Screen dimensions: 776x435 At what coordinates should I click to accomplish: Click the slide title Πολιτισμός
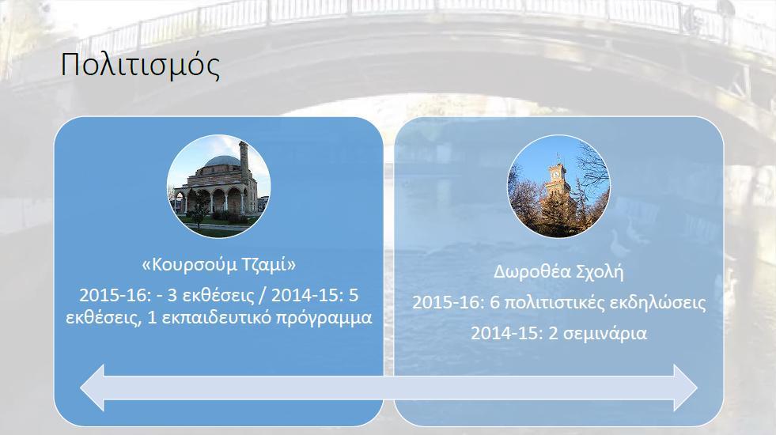pos(140,65)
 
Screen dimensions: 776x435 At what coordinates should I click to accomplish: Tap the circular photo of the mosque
pos(219,186)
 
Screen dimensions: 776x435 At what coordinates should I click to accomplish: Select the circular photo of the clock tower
pos(558,186)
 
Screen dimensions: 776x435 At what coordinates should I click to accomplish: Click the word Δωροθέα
pos(527,272)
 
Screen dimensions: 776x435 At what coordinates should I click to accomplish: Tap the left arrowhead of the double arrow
pos(93,388)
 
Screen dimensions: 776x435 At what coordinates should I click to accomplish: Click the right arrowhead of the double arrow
pos(686,388)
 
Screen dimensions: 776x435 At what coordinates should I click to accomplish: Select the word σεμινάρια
pos(605,334)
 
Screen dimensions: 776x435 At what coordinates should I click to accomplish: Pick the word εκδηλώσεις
pos(657,302)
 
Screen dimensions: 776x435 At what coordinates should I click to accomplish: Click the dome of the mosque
pos(222,161)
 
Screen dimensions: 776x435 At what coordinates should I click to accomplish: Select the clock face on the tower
pos(556,173)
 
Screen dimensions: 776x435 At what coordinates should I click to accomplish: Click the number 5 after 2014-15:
pos(354,296)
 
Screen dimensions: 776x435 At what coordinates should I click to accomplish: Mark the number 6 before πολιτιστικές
pos(494,302)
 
